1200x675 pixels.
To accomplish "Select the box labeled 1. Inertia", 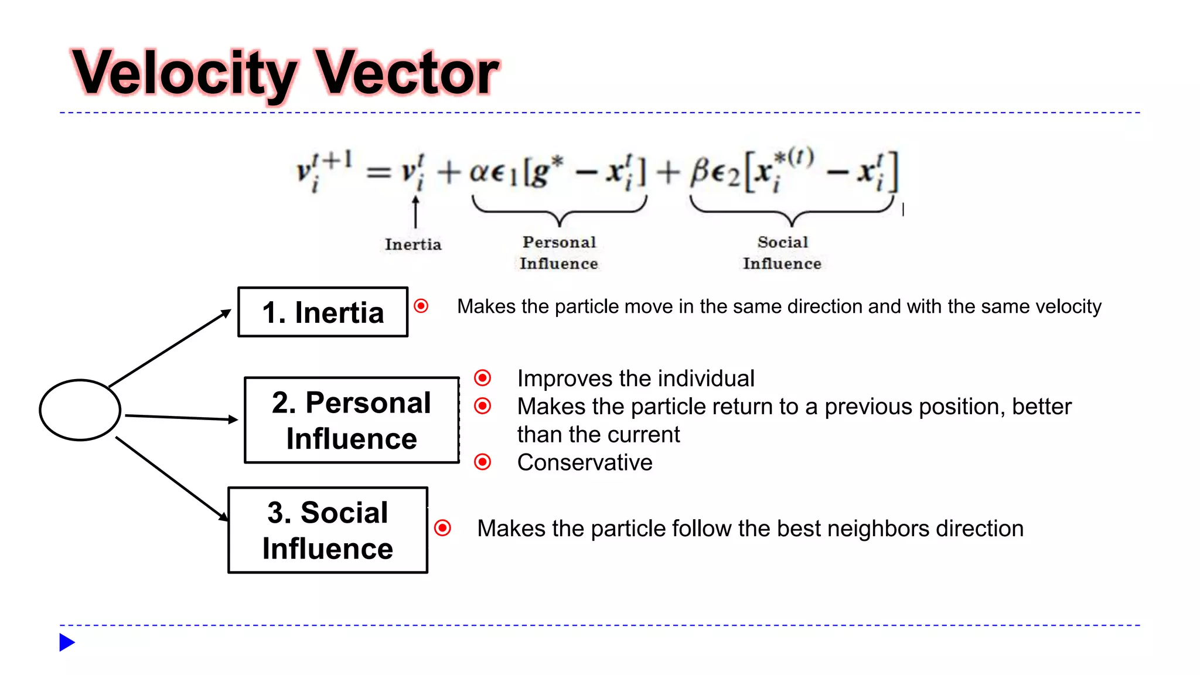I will (323, 312).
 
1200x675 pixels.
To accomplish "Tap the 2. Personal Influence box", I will (352, 420).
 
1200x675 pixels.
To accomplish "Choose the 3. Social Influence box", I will (328, 530).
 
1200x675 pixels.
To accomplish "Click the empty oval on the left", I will (80, 410).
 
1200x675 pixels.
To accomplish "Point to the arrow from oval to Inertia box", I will (170, 348).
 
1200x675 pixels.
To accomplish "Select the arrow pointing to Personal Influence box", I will (182, 418).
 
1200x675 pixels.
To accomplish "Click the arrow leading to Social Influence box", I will (172, 478).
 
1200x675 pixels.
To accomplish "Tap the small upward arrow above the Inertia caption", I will (415, 211).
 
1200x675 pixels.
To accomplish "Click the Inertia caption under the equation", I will (413, 244).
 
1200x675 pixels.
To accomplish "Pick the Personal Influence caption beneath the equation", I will (559, 253).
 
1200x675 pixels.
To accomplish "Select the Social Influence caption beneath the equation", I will (782, 253).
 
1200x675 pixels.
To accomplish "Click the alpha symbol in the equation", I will (480, 172).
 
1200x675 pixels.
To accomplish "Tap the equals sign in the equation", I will (379, 172).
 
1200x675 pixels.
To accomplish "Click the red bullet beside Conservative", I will (483, 462).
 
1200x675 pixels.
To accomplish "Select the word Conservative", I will (585, 462).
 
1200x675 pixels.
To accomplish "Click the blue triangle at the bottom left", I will (67, 642).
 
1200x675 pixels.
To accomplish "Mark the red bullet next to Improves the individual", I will (483, 378).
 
